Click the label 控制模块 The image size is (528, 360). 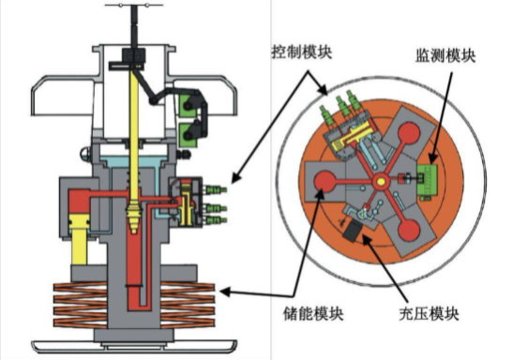coord(302,52)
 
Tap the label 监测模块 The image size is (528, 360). coord(445,55)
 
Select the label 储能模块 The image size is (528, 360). coord(313,314)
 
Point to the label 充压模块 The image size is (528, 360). coord(429,314)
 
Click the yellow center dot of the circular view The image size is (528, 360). coord(381,182)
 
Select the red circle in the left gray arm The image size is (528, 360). coord(324,182)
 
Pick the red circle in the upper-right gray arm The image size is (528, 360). coord(409,132)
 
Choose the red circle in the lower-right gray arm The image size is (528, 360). coord(409,231)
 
